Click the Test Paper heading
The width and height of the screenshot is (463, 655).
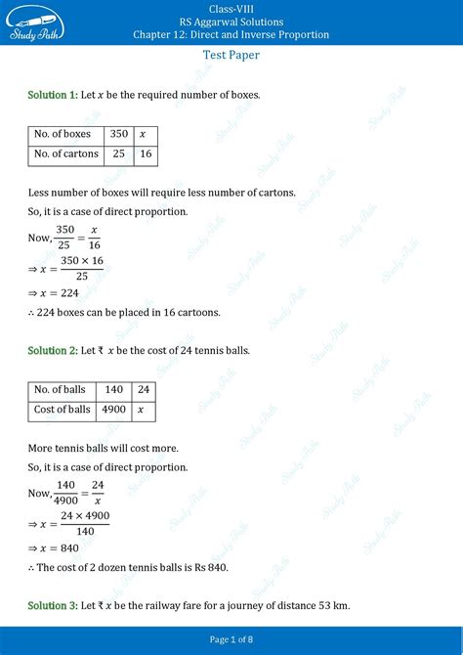click(231, 56)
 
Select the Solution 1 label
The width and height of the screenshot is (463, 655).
click(53, 95)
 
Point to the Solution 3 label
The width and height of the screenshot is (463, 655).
click(53, 606)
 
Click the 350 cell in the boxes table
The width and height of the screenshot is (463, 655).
click(119, 134)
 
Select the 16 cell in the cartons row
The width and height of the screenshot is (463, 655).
click(145, 153)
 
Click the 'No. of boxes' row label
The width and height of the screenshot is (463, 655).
click(63, 134)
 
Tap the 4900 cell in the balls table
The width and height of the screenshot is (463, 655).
click(113, 410)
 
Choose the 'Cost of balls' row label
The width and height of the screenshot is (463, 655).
click(63, 410)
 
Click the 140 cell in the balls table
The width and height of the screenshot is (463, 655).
click(113, 389)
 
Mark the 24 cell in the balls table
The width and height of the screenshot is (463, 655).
click(143, 389)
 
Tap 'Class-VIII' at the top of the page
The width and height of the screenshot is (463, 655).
click(231, 8)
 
